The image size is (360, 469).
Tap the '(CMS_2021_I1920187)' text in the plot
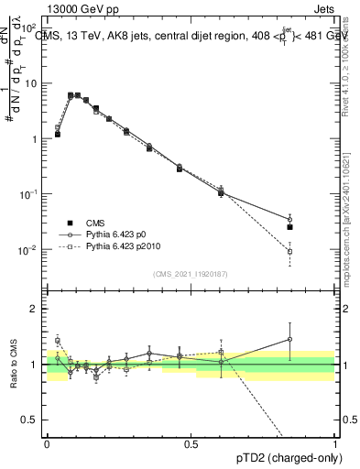pyautogui.click(x=191, y=273)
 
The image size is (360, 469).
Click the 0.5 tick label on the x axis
pyautogui.click(x=191, y=444)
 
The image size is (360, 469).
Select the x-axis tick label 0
pyautogui.click(x=47, y=444)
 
